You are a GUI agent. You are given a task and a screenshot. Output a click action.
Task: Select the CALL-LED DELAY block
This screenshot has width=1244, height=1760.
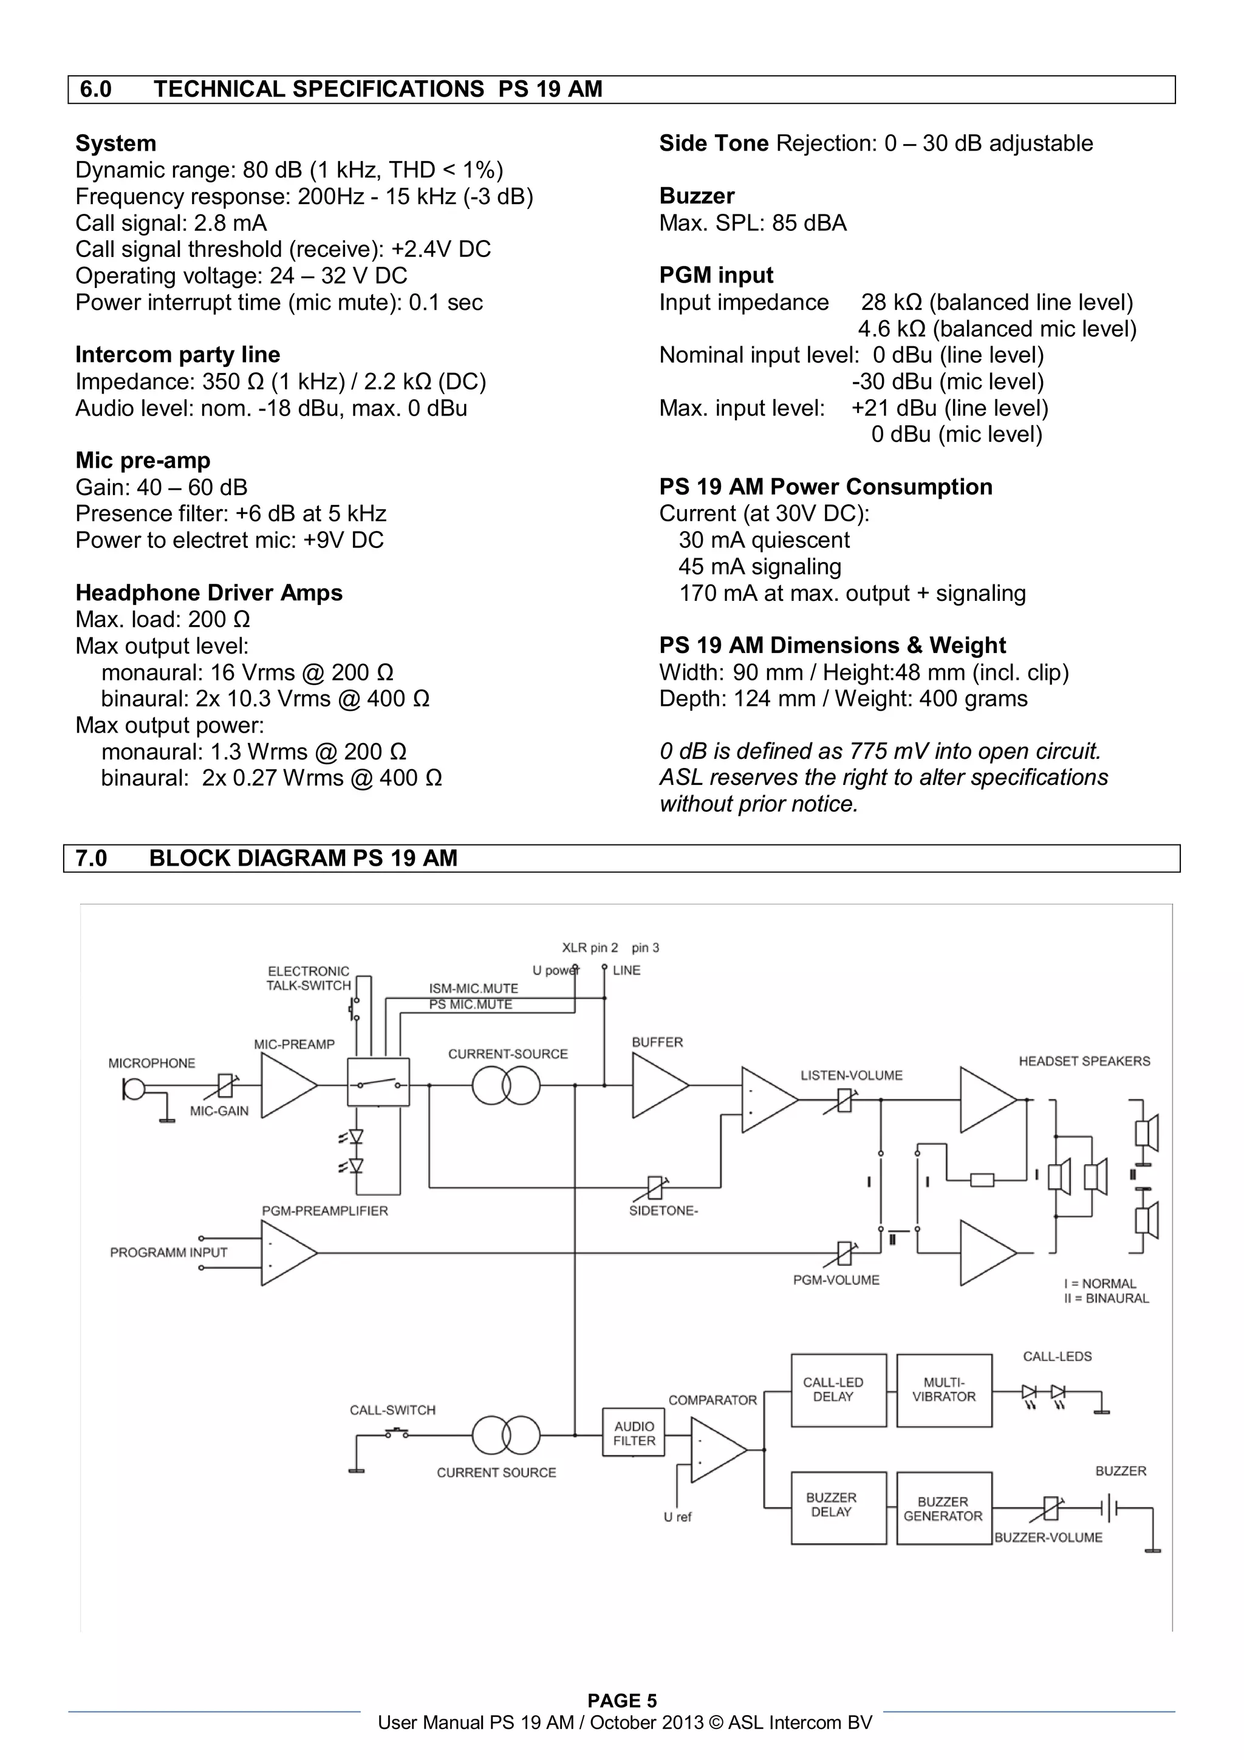838,1390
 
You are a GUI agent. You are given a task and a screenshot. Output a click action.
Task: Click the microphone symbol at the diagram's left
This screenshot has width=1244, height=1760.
134,1089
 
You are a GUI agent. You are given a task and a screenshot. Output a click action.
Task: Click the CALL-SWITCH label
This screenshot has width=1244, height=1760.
392,1409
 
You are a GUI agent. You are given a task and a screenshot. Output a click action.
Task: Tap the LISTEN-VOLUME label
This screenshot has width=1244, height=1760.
851,1075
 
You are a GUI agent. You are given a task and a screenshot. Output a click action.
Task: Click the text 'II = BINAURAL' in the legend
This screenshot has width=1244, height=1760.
1106,1298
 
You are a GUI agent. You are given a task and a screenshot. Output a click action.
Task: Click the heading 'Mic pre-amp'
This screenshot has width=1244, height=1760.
143,461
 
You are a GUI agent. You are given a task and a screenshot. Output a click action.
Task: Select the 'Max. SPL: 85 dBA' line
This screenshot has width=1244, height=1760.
753,223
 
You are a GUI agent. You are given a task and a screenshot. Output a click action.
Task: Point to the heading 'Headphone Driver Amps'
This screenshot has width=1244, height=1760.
208,592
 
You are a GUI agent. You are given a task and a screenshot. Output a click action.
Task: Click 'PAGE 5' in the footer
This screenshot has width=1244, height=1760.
621,1701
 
